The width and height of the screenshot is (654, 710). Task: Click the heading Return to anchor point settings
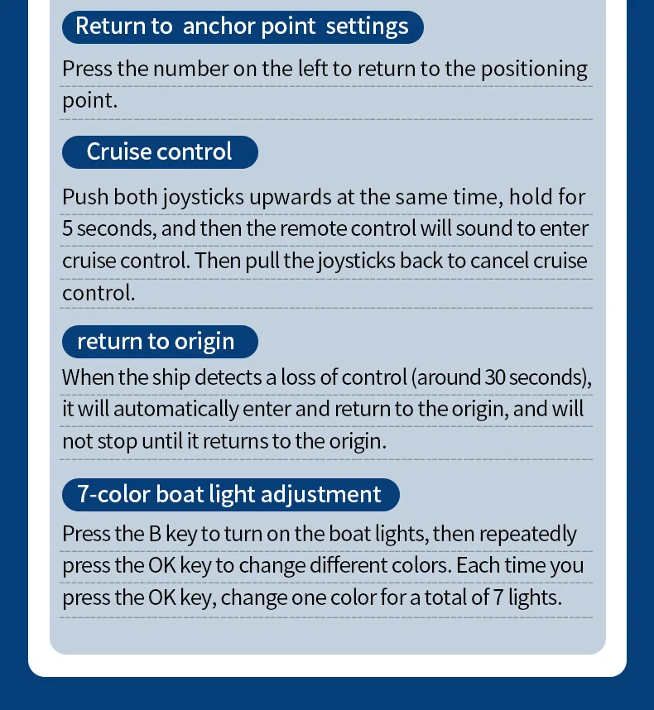(x=242, y=26)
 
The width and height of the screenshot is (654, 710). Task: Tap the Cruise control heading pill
(x=159, y=151)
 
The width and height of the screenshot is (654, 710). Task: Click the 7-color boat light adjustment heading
(x=229, y=494)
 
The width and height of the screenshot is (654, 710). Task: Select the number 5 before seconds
(x=67, y=228)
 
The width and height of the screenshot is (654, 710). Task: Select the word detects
(x=230, y=377)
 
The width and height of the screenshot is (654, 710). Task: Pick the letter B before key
(x=155, y=534)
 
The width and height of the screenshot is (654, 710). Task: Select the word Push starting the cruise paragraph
(x=85, y=197)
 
